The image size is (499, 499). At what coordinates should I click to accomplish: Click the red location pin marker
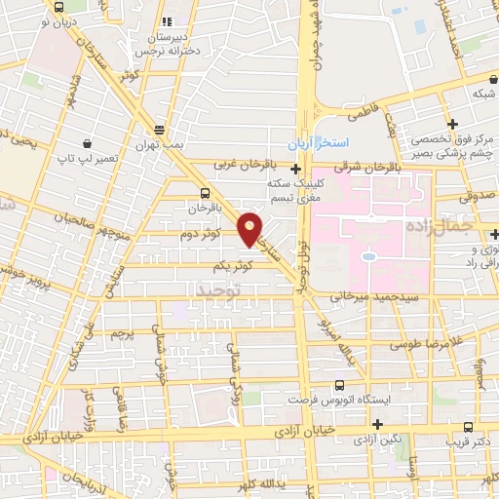(250, 228)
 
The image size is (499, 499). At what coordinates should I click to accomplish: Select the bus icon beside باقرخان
(205, 192)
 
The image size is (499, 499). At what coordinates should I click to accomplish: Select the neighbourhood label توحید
(215, 290)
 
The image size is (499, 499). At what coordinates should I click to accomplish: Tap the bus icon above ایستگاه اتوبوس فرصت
(339, 385)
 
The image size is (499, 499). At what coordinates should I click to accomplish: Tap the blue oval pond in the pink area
(370, 257)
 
